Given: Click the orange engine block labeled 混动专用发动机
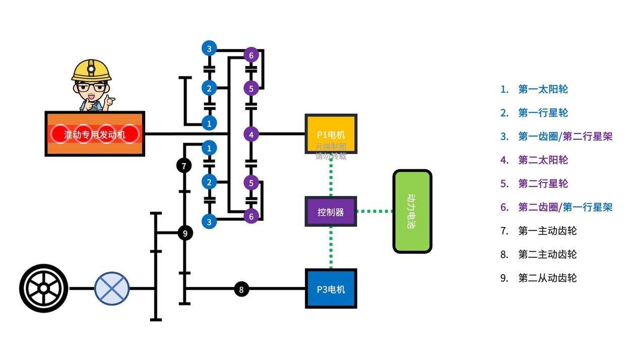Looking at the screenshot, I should [95, 134].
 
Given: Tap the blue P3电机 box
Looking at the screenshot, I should [331, 288].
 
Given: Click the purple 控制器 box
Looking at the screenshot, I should [331, 212].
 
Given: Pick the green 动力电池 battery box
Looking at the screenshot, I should [412, 211].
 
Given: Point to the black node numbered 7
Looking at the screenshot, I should [184, 165].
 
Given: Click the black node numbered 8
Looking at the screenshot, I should [241, 289].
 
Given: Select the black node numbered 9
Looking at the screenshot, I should [185, 233].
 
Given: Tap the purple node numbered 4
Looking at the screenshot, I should [251, 134].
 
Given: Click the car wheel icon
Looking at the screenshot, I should [44, 288].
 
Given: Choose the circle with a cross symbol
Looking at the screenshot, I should [112, 288].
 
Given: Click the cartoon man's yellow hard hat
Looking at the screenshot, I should [91, 70].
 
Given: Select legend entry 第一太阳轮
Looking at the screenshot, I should [543, 90].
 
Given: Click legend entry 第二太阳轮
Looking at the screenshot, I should [543, 160].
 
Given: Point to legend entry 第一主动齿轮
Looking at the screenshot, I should [547, 231].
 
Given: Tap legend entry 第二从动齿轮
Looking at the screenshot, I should [547, 278].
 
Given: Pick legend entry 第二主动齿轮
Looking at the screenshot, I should [547, 255].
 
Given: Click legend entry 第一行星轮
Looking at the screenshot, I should [543, 113].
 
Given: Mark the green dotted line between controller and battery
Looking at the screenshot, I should [374, 211].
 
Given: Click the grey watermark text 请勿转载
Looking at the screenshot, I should [331, 156].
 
